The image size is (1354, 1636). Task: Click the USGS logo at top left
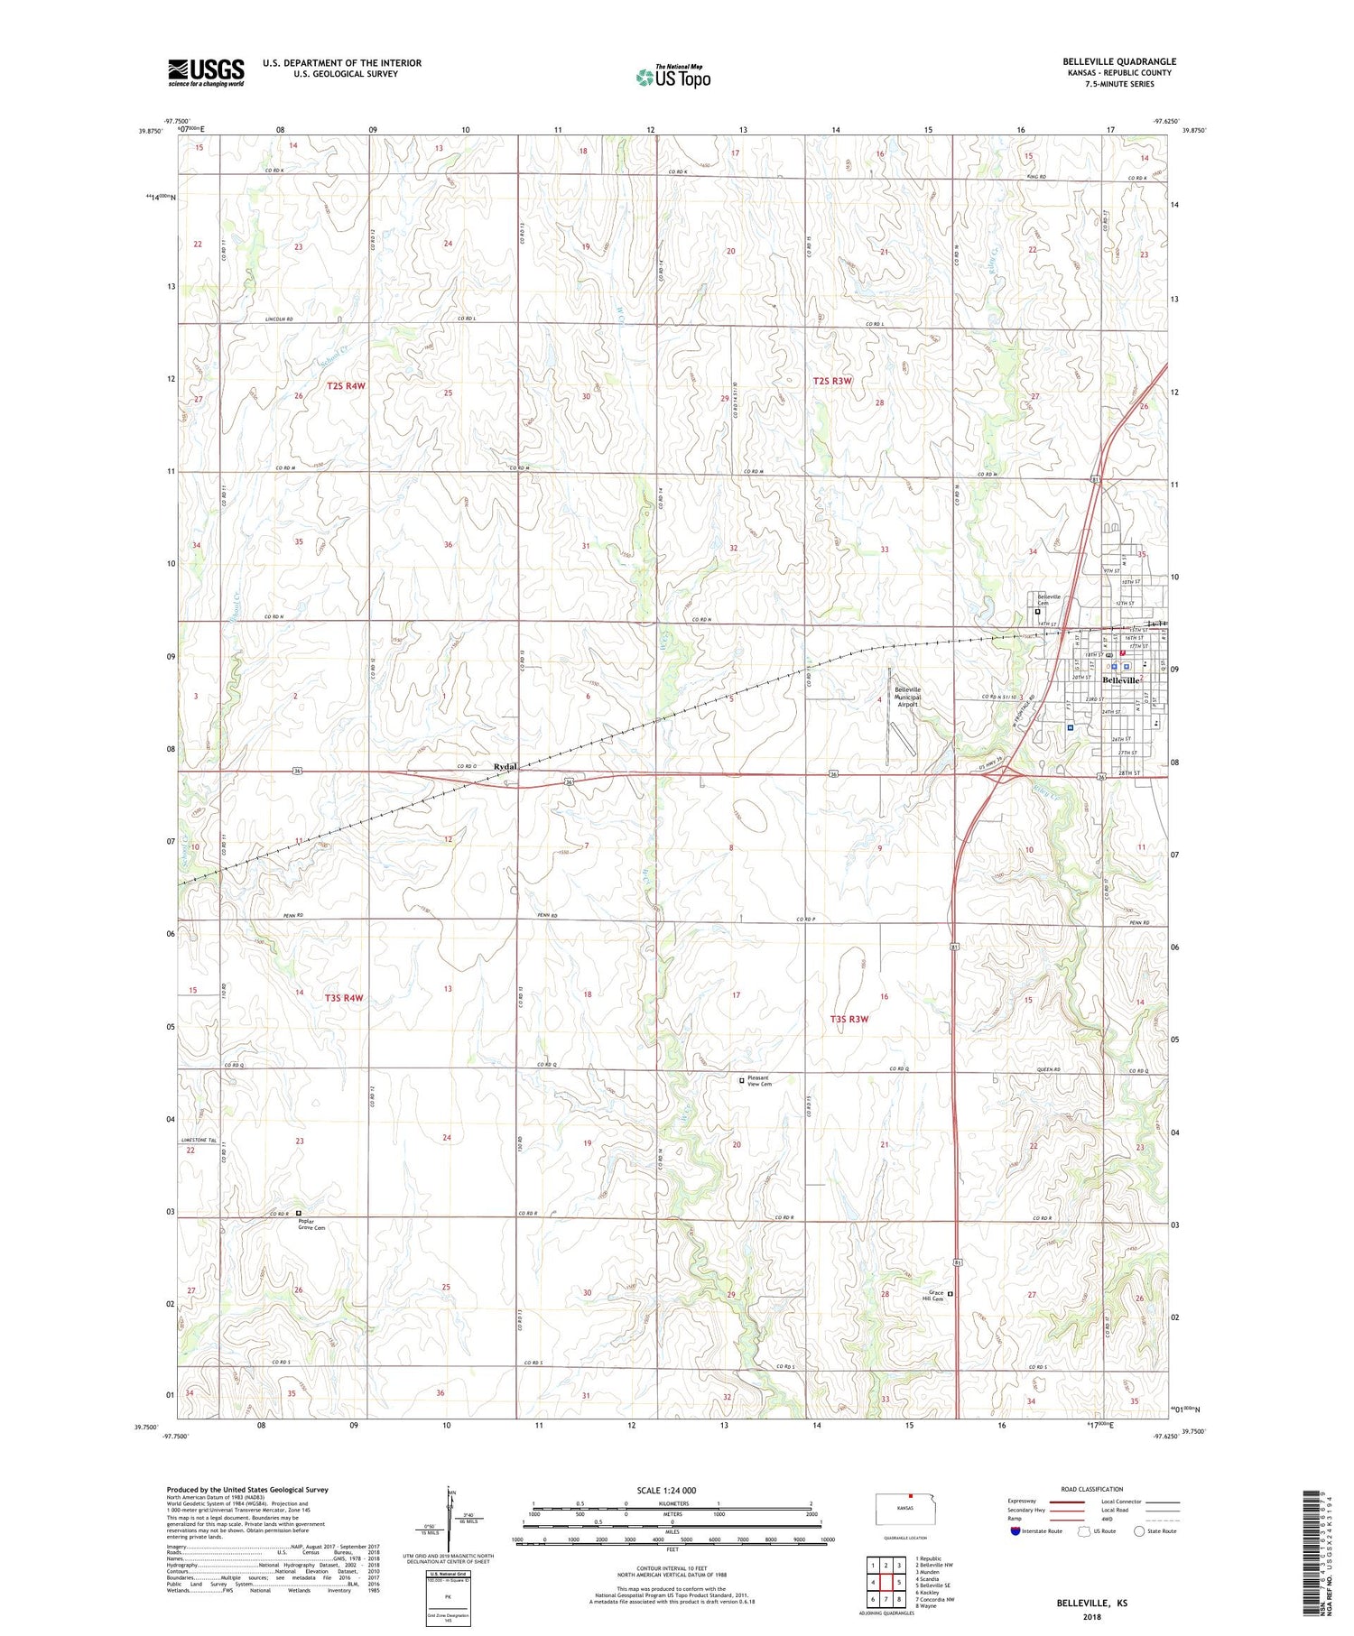(x=206, y=72)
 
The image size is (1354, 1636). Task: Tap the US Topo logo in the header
(x=672, y=77)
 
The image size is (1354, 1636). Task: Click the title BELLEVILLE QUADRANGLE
(x=1118, y=61)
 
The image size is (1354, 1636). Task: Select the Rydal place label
(x=505, y=766)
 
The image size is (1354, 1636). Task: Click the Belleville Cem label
(x=1048, y=601)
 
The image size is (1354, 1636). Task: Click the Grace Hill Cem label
(x=932, y=1296)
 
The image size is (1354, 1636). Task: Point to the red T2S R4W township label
(x=346, y=386)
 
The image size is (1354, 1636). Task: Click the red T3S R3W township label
(x=849, y=1019)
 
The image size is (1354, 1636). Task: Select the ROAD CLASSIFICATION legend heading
(x=1091, y=1488)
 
